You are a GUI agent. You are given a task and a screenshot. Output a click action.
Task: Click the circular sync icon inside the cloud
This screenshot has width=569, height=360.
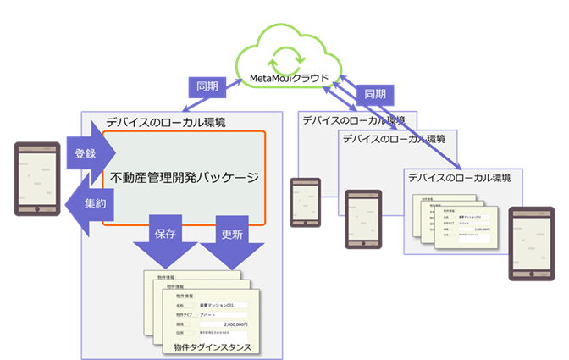pos(279,60)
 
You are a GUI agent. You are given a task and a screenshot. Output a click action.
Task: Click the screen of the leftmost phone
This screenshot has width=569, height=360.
pos(37,175)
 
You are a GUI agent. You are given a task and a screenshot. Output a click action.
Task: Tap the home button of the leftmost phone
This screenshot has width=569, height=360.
pos(37,209)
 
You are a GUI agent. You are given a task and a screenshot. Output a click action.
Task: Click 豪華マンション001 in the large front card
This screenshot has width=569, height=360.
pos(222,304)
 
